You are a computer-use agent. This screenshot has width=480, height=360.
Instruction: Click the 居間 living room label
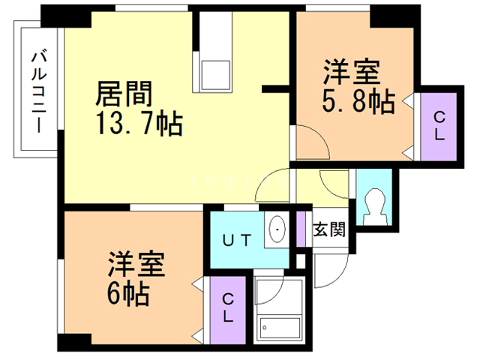point(125,95)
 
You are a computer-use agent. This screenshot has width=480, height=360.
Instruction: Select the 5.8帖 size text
point(358,102)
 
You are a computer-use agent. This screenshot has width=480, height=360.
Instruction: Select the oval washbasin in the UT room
point(277,229)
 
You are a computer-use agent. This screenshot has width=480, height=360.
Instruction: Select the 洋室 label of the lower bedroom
point(136,265)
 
